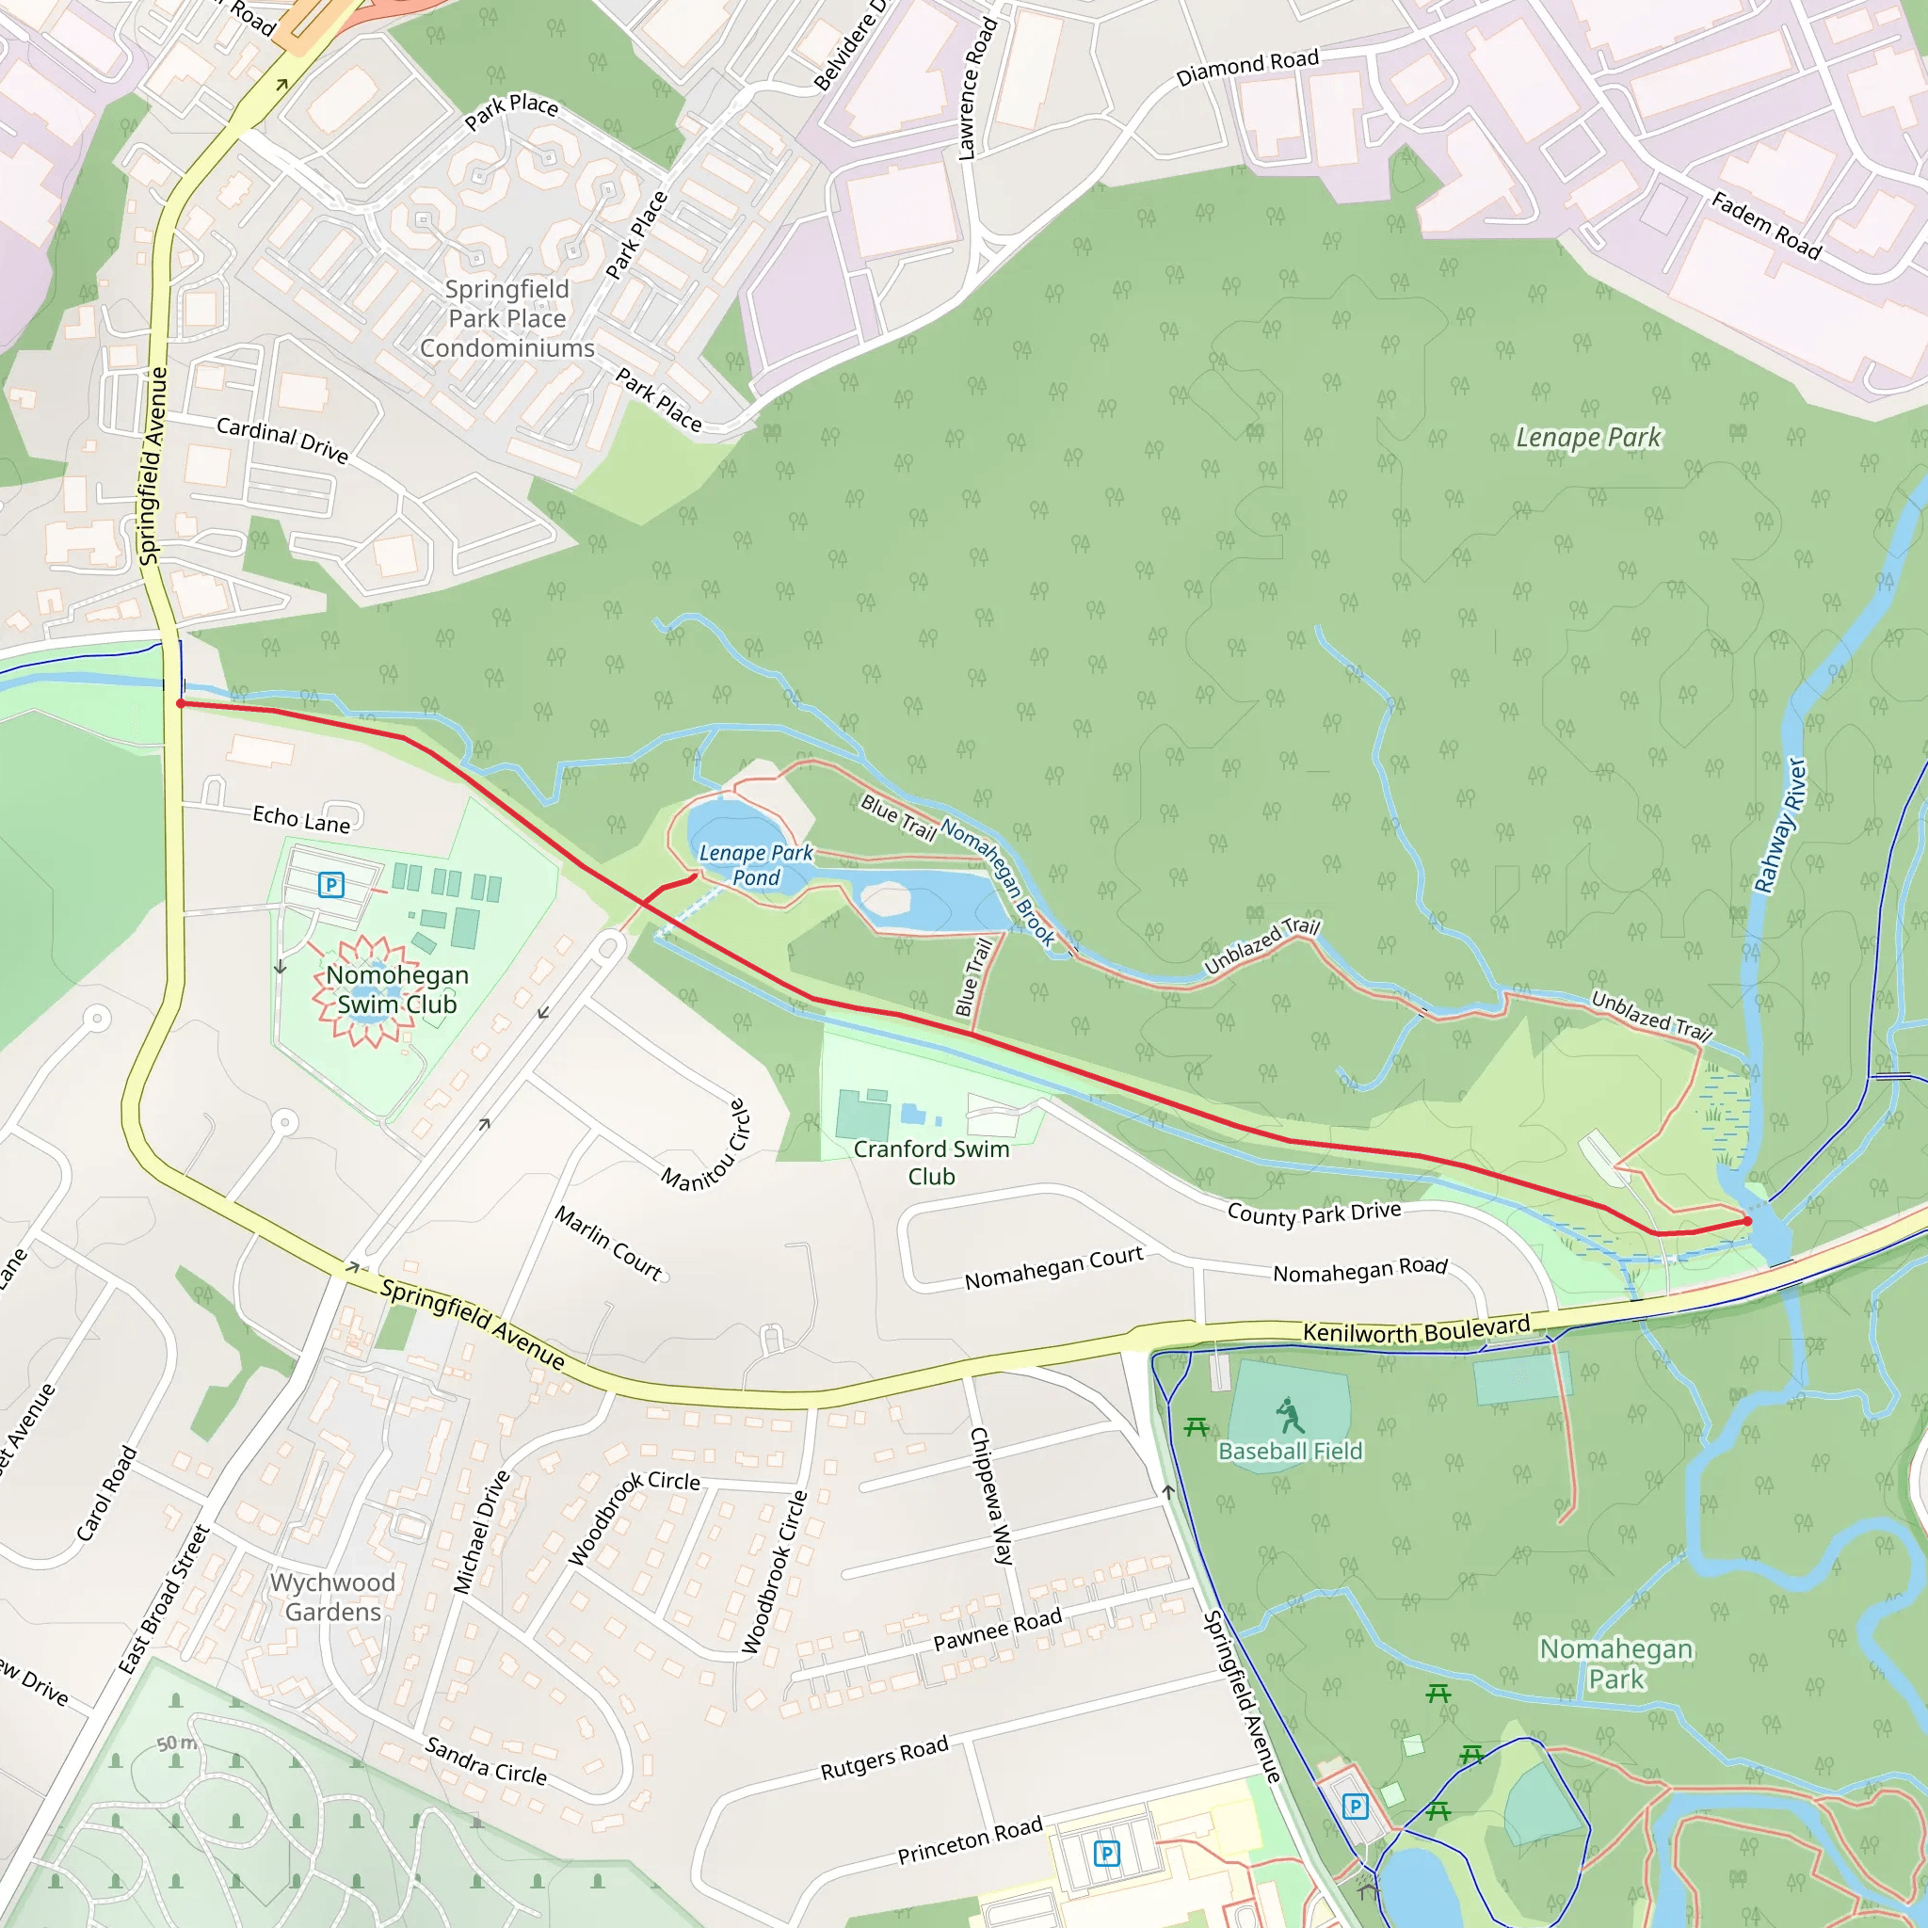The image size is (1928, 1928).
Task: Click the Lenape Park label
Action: click(1588, 437)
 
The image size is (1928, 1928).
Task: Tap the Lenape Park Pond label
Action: click(755, 865)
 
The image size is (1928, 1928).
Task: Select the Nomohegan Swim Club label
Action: click(397, 989)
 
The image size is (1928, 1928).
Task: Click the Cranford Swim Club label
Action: click(931, 1163)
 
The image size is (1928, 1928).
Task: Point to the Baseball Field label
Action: click(1290, 1451)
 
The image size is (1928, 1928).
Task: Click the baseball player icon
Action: click(1290, 1415)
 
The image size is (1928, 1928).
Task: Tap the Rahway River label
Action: click(1780, 826)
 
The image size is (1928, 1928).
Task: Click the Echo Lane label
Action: click(301, 819)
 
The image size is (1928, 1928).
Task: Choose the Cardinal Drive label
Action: click(282, 440)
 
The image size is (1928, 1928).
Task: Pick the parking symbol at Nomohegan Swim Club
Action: click(331, 884)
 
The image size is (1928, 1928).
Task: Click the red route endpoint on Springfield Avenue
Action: click(181, 703)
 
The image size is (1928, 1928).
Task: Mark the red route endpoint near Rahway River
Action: click(1747, 1220)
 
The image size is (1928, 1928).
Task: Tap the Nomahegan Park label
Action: click(1615, 1663)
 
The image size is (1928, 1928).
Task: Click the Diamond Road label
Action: click(1246, 68)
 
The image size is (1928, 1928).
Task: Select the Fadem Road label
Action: click(1766, 226)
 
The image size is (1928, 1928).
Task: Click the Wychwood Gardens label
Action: click(332, 1597)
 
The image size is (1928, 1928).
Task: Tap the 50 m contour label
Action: click(177, 1743)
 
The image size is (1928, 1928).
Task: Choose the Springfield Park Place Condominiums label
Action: click(507, 318)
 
